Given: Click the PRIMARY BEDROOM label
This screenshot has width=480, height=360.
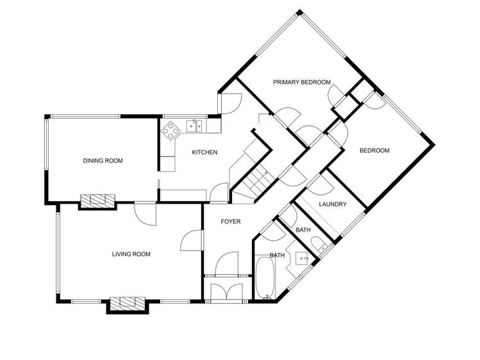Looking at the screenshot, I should [x=301, y=82].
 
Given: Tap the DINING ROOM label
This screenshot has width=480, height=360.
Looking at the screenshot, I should [x=103, y=161].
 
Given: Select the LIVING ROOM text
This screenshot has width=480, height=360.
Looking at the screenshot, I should [x=131, y=254].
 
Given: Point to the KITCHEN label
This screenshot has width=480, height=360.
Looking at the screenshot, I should [x=205, y=152].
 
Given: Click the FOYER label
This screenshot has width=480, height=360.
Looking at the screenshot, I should [x=230, y=222].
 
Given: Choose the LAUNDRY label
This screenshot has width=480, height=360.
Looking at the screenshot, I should [x=332, y=204].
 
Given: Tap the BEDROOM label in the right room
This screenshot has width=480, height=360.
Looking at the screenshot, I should [x=374, y=151].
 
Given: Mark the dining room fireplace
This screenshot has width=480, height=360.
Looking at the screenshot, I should [x=97, y=200].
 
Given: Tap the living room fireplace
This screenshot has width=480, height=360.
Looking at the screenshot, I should [x=128, y=303].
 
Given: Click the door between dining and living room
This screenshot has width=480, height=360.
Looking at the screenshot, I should [x=146, y=213].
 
